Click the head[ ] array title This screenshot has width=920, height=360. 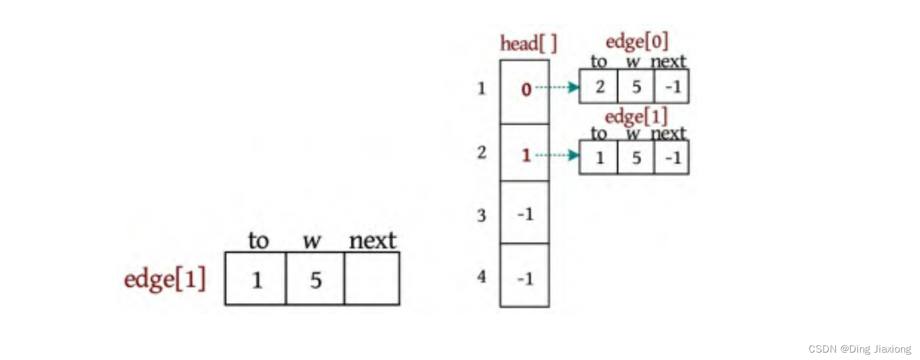pyautogui.click(x=528, y=43)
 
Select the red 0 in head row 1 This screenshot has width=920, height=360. pyautogui.click(x=526, y=89)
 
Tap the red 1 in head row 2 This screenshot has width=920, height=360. pyautogui.click(x=526, y=155)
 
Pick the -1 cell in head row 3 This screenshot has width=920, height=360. pyautogui.click(x=525, y=214)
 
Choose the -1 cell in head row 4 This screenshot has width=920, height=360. pyautogui.click(x=525, y=279)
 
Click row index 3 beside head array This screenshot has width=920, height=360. pyautogui.click(x=482, y=215)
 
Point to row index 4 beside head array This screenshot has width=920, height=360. pyautogui.click(x=482, y=277)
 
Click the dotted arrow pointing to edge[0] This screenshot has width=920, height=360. pyautogui.click(x=557, y=88)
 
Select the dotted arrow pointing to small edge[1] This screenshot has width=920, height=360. pyautogui.click(x=557, y=155)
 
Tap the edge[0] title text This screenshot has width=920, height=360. pyautogui.click(x=636, y=42)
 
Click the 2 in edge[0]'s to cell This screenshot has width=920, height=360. pyautogui.click(x=599, y=86)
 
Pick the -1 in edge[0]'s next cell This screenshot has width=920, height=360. pyautogui.click(x=673, y=86)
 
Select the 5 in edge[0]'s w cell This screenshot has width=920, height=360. pyautogui.click(x=636, y=86)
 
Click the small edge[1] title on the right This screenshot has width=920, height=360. pyautogui.click(x=636, y=117)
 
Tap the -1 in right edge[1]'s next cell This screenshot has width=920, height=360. pyautogui.click(x=673, y=158)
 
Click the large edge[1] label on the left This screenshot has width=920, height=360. pyautogui.click(x=165, y=279)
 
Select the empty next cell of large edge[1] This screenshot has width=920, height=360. pyautogui.click(x=372, y=279)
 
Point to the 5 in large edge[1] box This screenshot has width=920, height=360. pyautogui.click(x=316, y=280)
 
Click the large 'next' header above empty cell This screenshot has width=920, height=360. pyautogui.click(x=372, y=241)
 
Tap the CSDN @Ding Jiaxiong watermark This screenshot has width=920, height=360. pyautogui.click(x=859, y=349)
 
